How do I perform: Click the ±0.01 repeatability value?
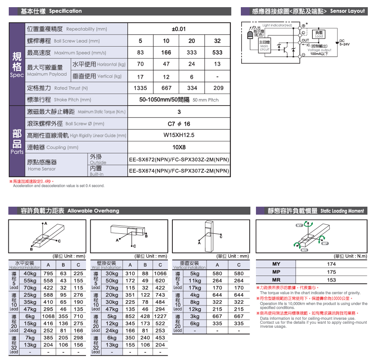click(x=179, y=29)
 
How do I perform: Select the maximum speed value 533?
click(x=217, y=53)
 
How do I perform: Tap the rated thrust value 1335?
click(x=141, y=88)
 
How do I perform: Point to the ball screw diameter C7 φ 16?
click(x=179, y=124)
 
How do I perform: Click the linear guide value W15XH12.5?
click(x=179, y=135)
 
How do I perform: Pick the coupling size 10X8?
click(x=179, y=147)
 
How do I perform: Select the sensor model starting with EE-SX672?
click(x=179, y=160)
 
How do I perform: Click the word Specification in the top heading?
click(x=66, y=11)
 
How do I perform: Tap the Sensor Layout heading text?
click(x=347, y=11)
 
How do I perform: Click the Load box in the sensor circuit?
click(x=319, y=34)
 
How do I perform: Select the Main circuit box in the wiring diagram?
click(x=264, y=46)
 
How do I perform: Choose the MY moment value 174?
click(x=331, y=264)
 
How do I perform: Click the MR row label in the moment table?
click(x=276, y=280)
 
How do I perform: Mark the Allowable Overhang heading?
click(x=93, y=211)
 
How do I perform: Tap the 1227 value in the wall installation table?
click(x=160, y=316)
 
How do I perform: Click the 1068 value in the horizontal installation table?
click(x=48, y=316)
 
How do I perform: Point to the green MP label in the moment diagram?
click(x=325, y=243)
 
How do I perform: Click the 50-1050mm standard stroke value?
click(x=165, y=100)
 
